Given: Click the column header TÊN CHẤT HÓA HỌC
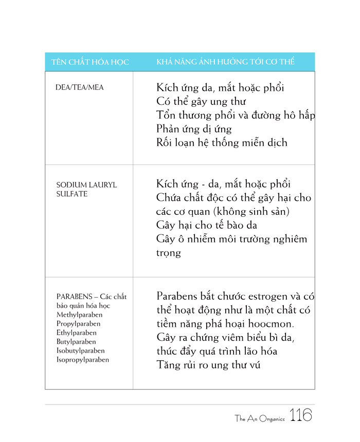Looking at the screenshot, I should (89, 62).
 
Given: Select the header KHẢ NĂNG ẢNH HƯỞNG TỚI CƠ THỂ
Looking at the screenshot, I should (225, 62).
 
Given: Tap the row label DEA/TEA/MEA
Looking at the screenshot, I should (79, 87).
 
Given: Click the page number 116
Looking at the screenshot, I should (301, 415).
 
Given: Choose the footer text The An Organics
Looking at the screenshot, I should (260, 419).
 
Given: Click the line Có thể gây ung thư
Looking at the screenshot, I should (201, 101).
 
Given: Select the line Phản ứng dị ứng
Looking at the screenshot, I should (194, 129).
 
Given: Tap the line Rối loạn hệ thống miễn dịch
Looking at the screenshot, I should (222, 143).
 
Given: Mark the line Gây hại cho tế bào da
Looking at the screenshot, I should (207, 225).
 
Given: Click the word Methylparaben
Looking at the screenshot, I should (79, 315).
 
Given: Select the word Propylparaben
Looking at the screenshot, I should (78, 324).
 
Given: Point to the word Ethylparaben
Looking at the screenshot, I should (77, 333).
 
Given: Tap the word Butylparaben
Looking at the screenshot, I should (76, 342).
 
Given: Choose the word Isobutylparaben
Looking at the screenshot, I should (80, 351).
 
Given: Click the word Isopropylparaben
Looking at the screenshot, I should (82, 360).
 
